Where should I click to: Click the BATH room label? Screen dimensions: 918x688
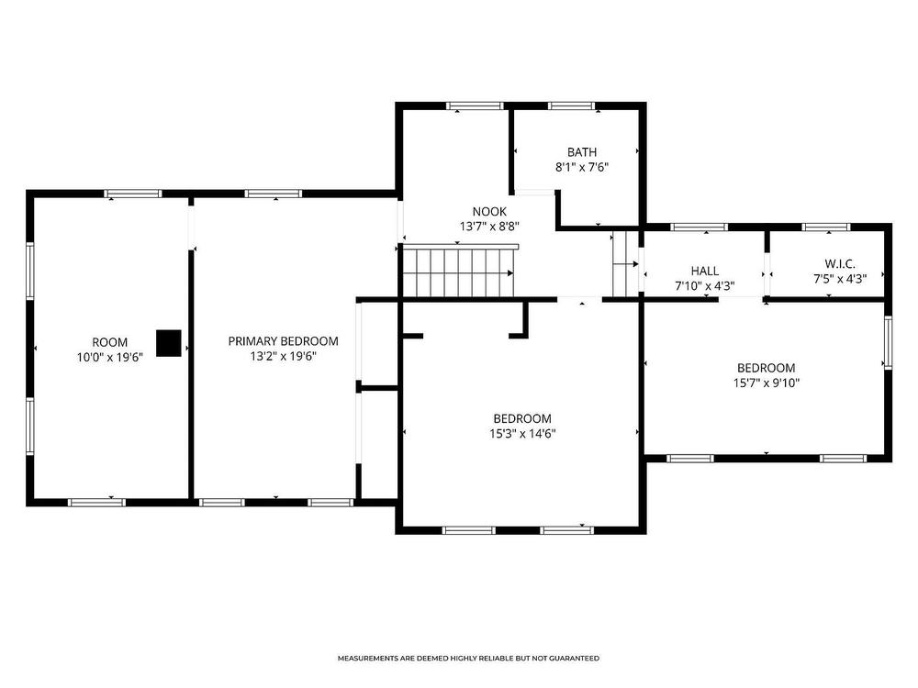pyautogui.click(x=581, y=152)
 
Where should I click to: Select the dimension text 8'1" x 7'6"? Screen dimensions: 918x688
pyautogui.click(x=581, y=167)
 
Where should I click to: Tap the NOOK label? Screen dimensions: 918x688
pyautogui.click(x=489, y=212)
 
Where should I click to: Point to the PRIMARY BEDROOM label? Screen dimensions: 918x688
pyautogui.click(x=284, y=341)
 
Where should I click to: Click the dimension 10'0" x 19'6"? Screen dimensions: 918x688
pyautogui.click(x=110, y=357)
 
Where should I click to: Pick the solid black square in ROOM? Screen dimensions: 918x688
pyautogui.click(x=169, y=343)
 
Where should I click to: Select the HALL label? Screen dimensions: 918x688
pyautogui.click(x=705, y=271)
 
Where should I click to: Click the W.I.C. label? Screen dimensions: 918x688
pyautogui.click(x=840, y=264)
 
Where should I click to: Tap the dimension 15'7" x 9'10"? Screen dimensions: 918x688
pyautogui.click(x=767, y=383)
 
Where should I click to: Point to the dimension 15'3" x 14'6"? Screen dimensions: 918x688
pyautogui.click(x=522, y=434)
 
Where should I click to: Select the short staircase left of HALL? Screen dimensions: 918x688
pyautogui.click(x=625, y=264)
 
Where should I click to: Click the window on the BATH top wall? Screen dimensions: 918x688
pyautogui.click(x=571, y=105)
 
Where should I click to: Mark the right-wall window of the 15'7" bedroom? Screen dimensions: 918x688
pyautogui.click(x=888, y=343)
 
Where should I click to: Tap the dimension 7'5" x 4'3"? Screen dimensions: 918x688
pyautogui.click(x=840, y=279)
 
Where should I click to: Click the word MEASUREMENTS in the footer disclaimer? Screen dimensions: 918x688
pyautogui.click(x=368, y=658)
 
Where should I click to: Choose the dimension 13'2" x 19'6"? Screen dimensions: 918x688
pyautogui.click(x=284, y=356)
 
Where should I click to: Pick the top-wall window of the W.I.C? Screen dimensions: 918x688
pyautogui.click(x=825, y=227)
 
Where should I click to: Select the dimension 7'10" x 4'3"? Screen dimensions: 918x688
pyautogui.click(x=705, y=286)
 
